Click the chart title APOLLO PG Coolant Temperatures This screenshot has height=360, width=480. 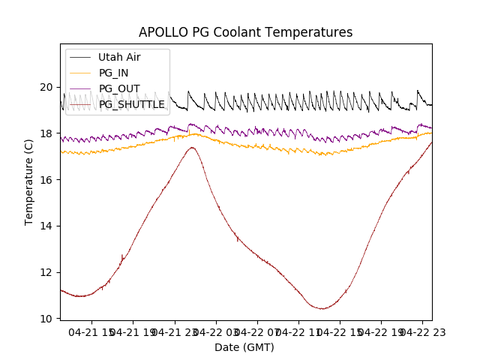click(245, 32)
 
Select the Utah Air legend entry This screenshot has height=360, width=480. click(119, 57)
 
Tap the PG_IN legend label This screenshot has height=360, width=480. click(113, 73)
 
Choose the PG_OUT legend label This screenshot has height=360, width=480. click(118, 88)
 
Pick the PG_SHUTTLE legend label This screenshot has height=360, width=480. click(132, 104)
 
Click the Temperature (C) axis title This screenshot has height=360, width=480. click(29, 181)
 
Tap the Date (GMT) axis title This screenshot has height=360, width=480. click(244, 347)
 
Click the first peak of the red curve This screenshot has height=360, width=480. click(192, 147)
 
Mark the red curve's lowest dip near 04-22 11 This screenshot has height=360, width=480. click(322, 308)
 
